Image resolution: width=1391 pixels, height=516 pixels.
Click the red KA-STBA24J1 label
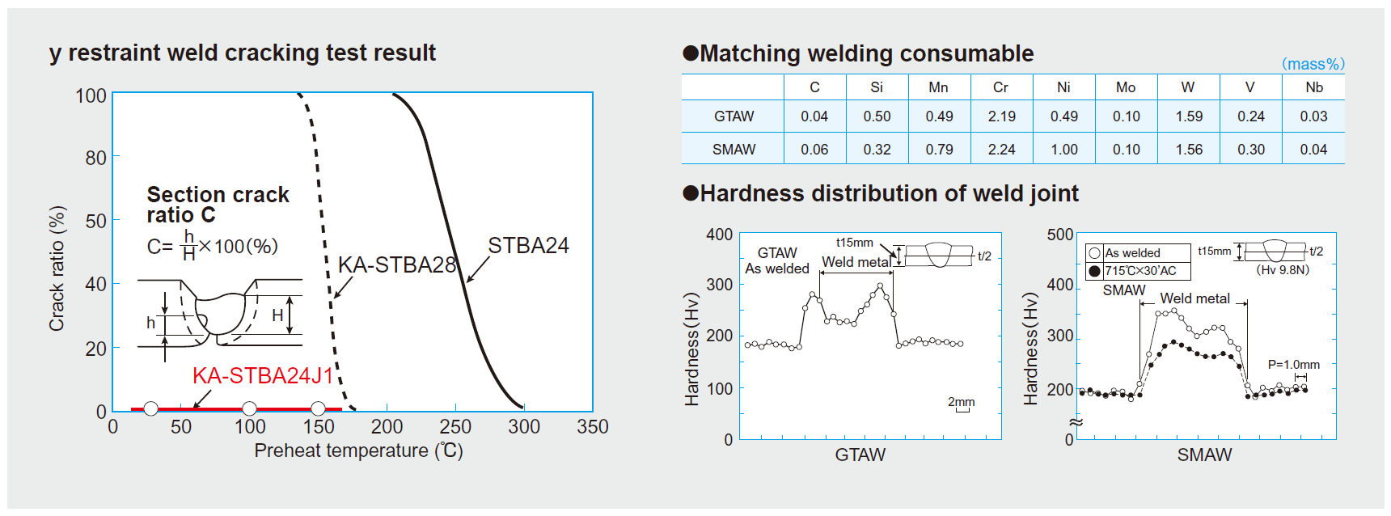[263, 376]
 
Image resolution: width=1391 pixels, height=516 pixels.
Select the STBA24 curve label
[528, 246]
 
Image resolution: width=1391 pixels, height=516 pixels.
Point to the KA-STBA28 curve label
[397, 264]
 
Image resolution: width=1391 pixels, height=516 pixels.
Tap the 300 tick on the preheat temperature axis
[524, 426]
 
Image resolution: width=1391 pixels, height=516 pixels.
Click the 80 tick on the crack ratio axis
[95, 158]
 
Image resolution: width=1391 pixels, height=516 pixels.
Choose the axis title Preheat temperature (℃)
[358, 450]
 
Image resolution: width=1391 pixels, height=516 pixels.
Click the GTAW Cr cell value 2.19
[1001, 116]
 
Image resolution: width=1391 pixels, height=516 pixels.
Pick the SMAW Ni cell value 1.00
[1063, 150]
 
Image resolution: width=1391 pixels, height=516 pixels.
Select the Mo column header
[1126, 87]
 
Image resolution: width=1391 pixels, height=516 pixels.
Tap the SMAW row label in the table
[734, 150]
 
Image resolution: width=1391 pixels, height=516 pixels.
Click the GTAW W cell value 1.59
[1189, 116]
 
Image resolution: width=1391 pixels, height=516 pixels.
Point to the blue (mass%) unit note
[1313, 64]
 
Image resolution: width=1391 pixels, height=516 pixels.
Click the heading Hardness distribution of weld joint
[889, 194]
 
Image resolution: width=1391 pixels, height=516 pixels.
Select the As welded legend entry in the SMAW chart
[1131, 253]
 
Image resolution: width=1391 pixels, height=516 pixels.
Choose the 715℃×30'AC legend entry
[1139, 271]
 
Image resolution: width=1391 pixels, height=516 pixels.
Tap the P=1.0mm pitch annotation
[1293, 365]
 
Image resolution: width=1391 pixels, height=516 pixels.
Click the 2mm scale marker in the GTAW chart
[962, 402]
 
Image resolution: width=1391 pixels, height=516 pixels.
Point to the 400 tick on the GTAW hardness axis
[719, 235]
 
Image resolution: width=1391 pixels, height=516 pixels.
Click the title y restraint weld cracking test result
[243, 53]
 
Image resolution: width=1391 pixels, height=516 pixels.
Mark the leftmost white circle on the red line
[150, 408]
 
